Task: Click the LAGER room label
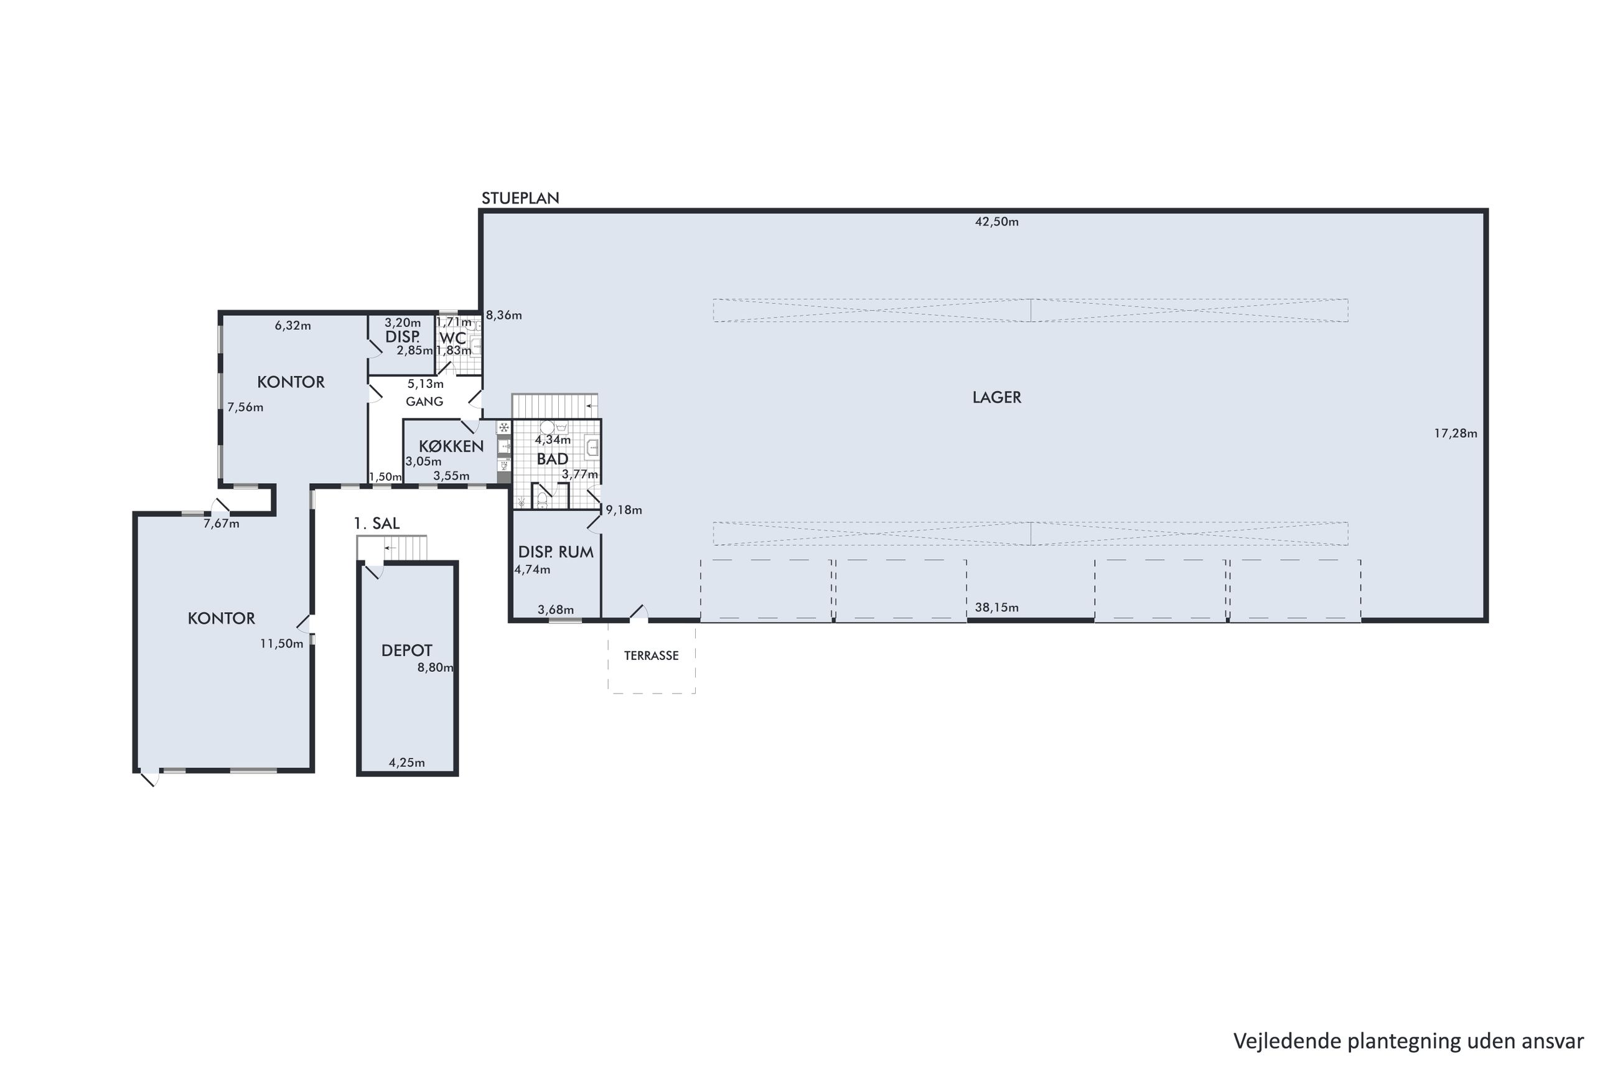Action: click(996, 397)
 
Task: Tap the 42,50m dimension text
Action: click(996, 222)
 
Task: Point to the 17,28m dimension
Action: click(1455, 433)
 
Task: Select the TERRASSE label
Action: click(651, 656)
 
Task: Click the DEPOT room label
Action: click(406, 650)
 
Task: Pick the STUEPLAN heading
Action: click(520, 198)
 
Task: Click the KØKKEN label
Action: click(451, 446)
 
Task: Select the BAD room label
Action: click(552, 459)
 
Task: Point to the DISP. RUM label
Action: click(556, 552)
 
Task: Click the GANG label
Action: click(424, 401)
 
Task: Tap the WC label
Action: click(452, 338)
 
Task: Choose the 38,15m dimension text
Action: click(996, 608)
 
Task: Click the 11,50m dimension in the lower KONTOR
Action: click(281, 644)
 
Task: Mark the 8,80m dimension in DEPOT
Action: click(435, 667)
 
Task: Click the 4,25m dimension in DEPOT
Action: click(406, 763)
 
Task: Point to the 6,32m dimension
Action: click(293, 326)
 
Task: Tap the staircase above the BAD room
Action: click(554, 406)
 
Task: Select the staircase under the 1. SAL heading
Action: click(392, 548)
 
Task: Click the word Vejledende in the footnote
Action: click(1288, 1041)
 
